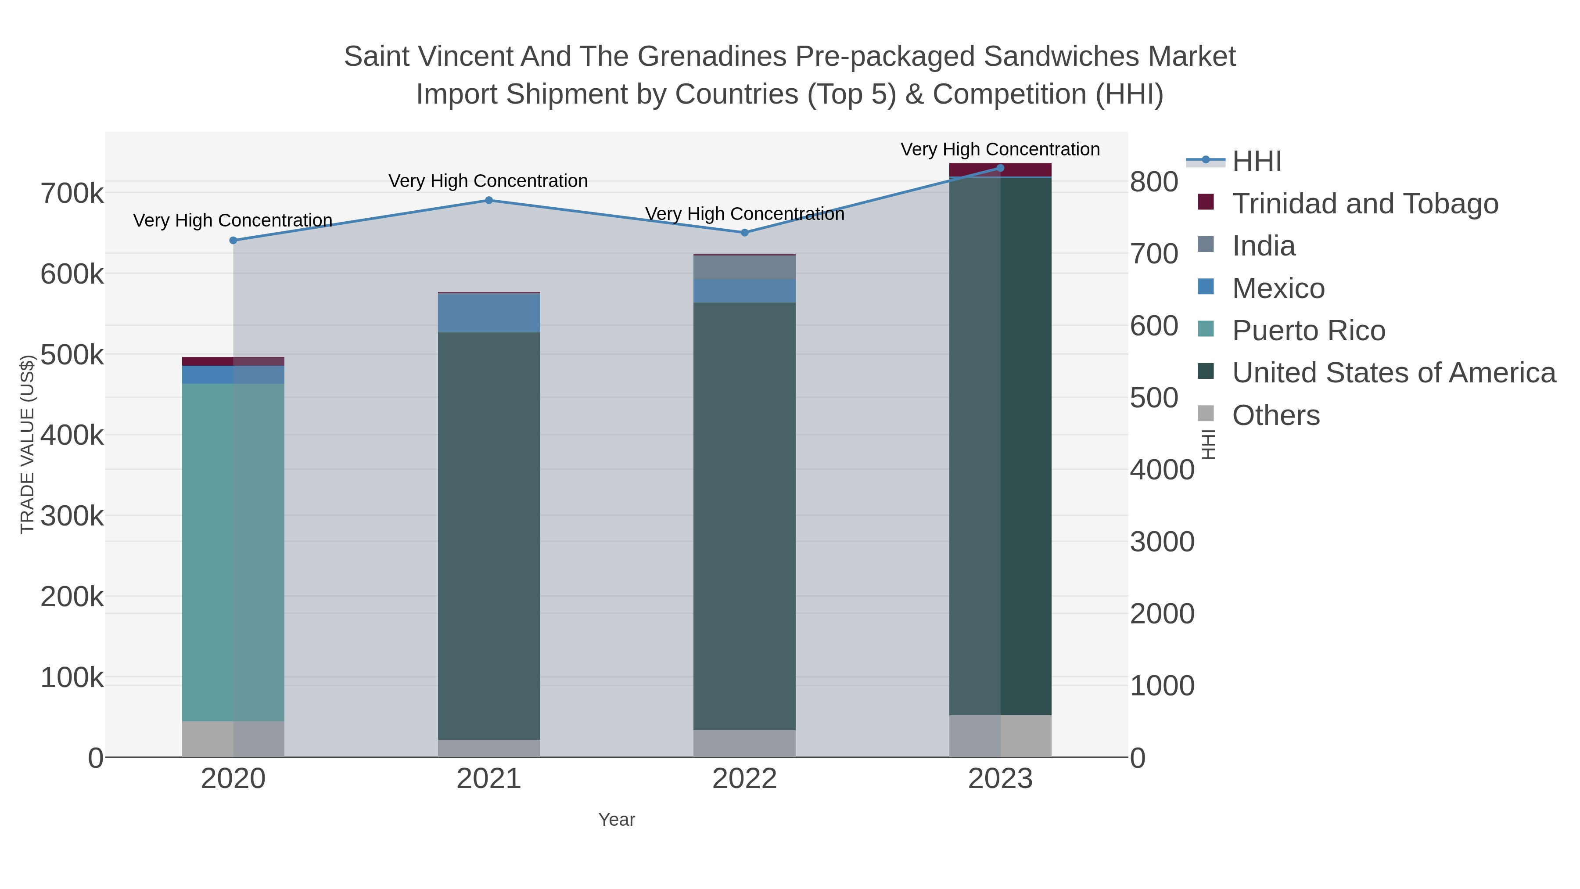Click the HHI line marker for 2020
233,241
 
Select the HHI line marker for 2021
489,200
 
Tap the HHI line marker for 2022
745,233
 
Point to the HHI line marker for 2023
1000,168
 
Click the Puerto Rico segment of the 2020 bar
233,552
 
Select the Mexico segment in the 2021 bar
489,313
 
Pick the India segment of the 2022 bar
745,267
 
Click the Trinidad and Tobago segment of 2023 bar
1000,170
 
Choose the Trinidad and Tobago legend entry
1365,204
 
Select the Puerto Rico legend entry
1308,331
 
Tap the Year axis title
617,820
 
